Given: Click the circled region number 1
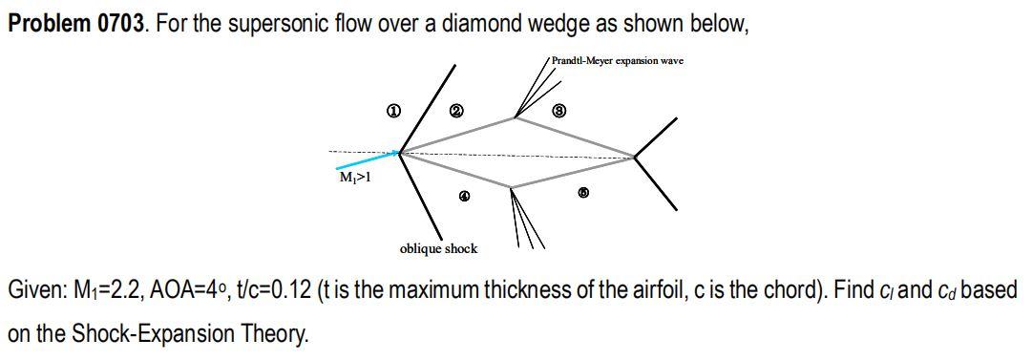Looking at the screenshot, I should tap(391, 114).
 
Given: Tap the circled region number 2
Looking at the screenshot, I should tap(456, 114).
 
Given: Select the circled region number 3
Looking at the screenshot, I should tap(560, 113).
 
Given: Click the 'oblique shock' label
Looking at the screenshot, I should tap(438, 249).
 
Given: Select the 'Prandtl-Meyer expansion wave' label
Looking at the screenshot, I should tap(618, 60).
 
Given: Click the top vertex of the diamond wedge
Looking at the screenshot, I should tap(516, 118).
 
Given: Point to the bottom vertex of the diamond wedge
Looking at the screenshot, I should tap(512, 187).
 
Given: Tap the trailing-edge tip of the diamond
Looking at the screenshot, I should tap(634, 157).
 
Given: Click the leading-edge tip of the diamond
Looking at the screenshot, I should tap(400, 152).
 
